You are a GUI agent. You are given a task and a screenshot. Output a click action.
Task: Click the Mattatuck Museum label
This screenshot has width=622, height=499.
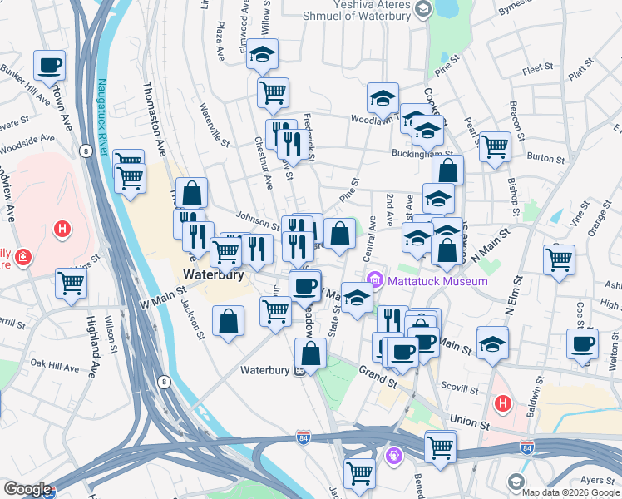(x=436, y=282)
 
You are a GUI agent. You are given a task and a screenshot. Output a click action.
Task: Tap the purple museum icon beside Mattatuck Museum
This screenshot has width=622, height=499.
(x=374, y=281)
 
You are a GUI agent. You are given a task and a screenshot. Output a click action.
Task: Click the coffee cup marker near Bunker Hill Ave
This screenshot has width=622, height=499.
(x=49, y=64)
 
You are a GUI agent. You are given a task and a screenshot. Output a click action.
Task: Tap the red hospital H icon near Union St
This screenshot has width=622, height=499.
(x=501, y=404)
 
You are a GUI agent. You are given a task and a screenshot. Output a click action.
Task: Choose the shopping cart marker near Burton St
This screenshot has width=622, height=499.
(x=495, y=147)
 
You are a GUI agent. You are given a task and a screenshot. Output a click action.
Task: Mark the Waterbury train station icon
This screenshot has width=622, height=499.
(x=297, y=371)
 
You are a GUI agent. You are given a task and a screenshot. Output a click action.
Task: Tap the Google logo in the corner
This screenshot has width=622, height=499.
(x=27, y=489)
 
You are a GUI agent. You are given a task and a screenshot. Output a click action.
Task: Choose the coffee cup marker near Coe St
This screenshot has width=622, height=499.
(x=582, y=343)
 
